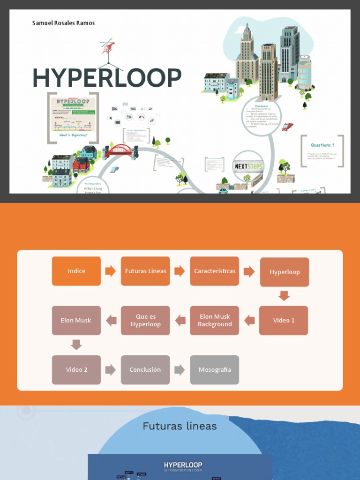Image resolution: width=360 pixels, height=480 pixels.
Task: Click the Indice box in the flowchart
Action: (x=76, y=271)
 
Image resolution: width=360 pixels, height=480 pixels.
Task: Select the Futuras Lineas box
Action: (x=145, y=271)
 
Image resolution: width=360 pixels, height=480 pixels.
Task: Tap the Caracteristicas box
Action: (x=214, y=271)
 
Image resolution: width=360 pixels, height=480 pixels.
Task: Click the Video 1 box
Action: (x=284, y=320)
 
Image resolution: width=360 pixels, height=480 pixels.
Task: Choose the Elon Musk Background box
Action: (x=214, y=320)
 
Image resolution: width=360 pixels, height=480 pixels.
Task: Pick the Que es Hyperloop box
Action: (x=145, y=320)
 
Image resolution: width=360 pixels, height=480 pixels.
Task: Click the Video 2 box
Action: (x=76, y=369)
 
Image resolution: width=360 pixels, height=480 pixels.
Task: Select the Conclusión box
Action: (x=145, y=369)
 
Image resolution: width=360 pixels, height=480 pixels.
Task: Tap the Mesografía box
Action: (x=214, y=369)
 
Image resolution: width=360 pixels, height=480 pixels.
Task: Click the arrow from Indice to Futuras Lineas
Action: (x=111, y=271)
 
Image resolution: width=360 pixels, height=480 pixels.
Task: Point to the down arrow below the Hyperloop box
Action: (x=284, y=296)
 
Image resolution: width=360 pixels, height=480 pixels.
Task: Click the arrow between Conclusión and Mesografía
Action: (x=180, y=369)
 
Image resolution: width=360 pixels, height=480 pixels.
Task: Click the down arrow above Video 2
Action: (x=76, y=345)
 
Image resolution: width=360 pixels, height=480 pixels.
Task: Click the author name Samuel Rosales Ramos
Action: (x=63, y=23)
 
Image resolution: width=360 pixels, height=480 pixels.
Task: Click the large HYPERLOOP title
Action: (x=107, y=78)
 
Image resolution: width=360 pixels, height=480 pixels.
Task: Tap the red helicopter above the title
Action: (x=108, y=47)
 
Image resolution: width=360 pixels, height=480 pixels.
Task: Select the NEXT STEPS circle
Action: (x=248, y=166)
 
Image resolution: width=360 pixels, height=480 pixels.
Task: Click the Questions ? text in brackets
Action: (x=322, y=145)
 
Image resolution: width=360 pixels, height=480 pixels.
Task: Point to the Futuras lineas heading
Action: (x=180, y=426)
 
